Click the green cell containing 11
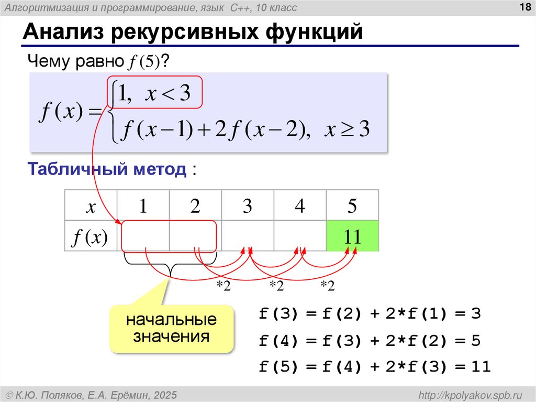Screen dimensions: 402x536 click(352, 236)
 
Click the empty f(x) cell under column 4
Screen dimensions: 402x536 click(299, 236)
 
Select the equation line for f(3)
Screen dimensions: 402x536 click(370, 314)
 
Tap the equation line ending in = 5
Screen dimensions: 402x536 click(370, 341)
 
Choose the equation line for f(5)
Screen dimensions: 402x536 click(375, 367)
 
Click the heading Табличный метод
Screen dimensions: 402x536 click(107, 169)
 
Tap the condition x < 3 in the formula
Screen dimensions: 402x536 click(168, 94)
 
